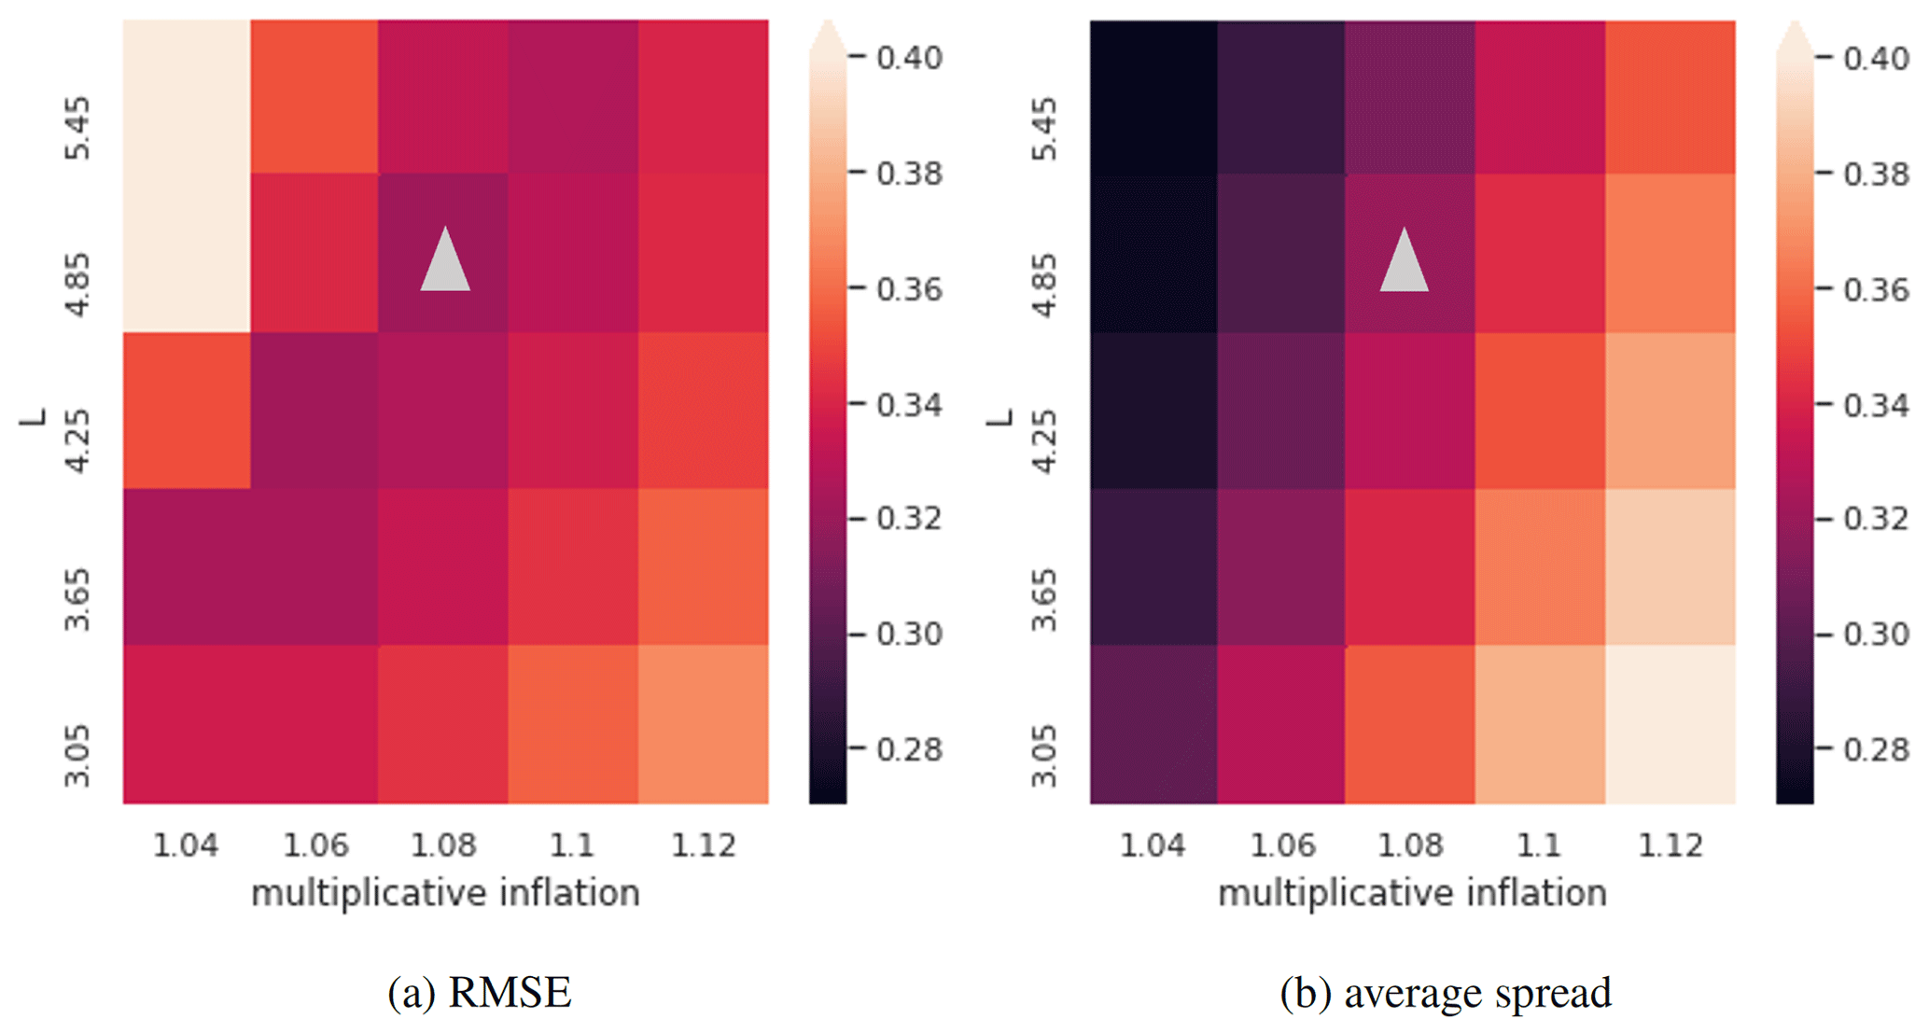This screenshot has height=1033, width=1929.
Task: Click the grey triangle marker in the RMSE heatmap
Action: pos(445,261)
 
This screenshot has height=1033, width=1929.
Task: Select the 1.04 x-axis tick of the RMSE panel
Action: pos(186,845)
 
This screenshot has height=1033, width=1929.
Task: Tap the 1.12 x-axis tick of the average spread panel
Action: pos(1670,845)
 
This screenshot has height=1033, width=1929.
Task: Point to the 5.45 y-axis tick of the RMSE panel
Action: pos(78,128)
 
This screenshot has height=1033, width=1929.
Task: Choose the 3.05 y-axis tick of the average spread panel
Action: pos(1045,756)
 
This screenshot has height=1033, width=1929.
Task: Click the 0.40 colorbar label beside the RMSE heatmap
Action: pos(910,58)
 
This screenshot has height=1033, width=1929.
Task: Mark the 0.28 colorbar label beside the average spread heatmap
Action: pos(1876,749)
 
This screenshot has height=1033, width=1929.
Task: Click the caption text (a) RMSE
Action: pos(480,993)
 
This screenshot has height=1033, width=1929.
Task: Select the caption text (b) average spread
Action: pos(1446,993)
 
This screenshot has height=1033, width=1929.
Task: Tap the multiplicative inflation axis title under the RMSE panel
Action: pos(445,894)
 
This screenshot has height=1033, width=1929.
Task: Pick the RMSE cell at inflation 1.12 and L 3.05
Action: pos(704,724)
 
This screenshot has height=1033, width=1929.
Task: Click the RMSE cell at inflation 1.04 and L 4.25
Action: pos(187,411)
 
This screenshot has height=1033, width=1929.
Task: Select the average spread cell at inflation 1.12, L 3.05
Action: pos(1670,724)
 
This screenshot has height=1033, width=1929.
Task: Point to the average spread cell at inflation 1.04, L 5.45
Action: pos(1153,97)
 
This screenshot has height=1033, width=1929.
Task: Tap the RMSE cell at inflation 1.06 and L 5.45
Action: pos(315,97)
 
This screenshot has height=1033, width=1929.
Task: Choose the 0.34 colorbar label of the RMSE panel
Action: pos(910,405)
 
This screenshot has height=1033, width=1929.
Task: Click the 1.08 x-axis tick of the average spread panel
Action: pos(1411,845)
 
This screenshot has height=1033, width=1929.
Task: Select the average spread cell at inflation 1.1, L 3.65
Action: pos(1540,566)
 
